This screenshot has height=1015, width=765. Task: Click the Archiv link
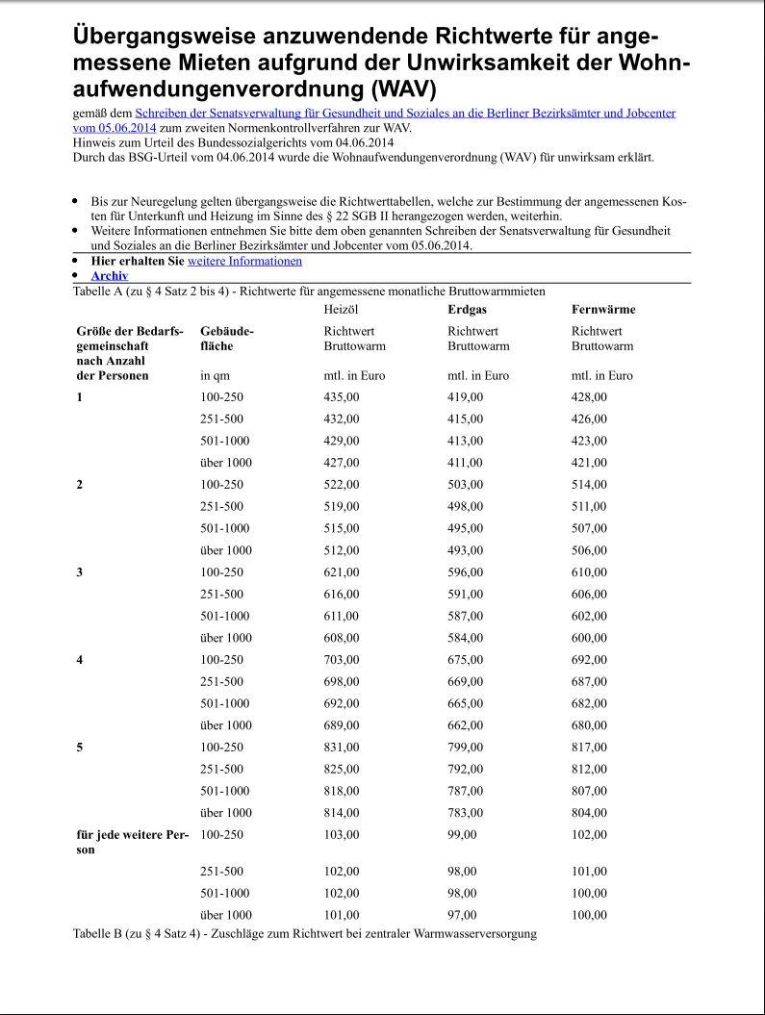[x=109, y=276]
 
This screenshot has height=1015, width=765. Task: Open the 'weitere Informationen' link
[x=244, y=261]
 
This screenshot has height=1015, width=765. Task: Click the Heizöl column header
[x=342, y=310]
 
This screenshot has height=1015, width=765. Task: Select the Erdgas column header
[x=467, y=310]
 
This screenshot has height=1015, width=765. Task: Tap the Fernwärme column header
[x=603, y=310]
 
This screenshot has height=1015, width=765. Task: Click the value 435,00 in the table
[x=342, y=397]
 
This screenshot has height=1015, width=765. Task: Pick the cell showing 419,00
[x=466, y=397]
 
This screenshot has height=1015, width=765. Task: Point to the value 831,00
[x=342, y=747]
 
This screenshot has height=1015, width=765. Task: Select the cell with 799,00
[x=466, y=747]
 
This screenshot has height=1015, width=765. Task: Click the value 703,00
[x=342, y=660]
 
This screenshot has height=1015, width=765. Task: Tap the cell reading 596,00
[x=466, y=572]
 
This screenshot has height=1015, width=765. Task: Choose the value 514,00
[x=589, y=485]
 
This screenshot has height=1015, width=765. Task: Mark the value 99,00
[x=463, y=834]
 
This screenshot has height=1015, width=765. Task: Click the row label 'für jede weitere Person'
[x=132, y=842]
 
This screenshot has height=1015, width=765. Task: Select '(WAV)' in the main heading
[x=395, y=89]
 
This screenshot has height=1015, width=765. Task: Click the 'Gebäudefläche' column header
[x=226, y=338]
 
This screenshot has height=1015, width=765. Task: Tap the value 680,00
[x=589, y=725]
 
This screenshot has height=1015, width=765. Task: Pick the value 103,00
[x=342, y=834]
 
